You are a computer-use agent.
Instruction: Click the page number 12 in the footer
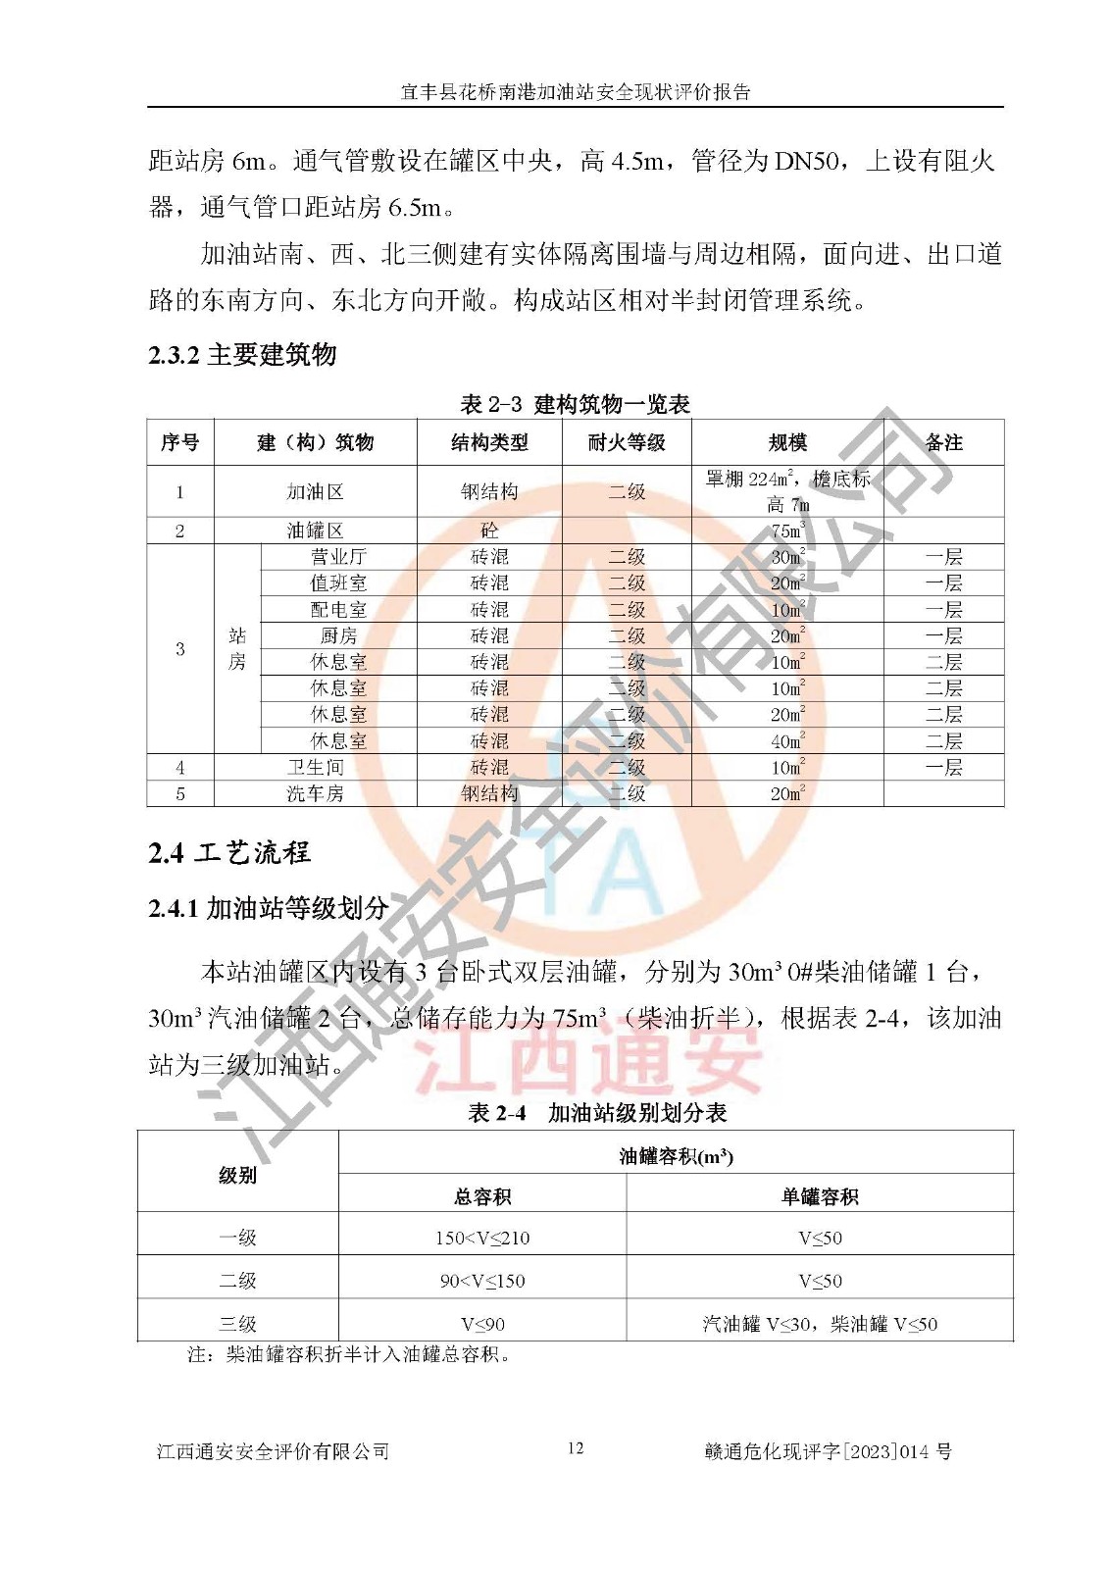(x=576, y=1448)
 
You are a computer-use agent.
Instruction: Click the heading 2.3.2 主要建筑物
(x=242, y=355)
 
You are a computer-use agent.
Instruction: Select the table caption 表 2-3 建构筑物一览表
(x=575, y=404)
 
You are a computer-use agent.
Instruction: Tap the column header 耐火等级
(x=627, y=442)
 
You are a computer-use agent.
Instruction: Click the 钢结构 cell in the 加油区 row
(x=489, y=491)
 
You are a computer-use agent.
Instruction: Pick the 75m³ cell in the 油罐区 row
(x=787, y=531)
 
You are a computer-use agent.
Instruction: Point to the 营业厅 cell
(x=338, y=557)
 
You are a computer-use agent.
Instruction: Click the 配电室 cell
(x=338, y=610)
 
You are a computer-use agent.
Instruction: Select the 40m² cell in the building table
(x=787, y=741)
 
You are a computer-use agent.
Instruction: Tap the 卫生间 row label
(x=315, y=768)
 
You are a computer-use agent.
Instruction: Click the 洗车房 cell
(x=315, y=794)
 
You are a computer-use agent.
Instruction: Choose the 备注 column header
(x=943, y=442)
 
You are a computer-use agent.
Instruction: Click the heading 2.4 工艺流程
(x=229, y=852)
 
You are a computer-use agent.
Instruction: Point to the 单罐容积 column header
(x=820, y=1196)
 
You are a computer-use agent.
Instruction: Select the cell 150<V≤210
(x=482, y=1239)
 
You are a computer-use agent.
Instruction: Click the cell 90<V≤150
(x=482, y=1282)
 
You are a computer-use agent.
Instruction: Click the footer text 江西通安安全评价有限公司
(x=273, y=1451)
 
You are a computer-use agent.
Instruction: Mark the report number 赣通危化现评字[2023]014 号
(x=828, y=1451)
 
